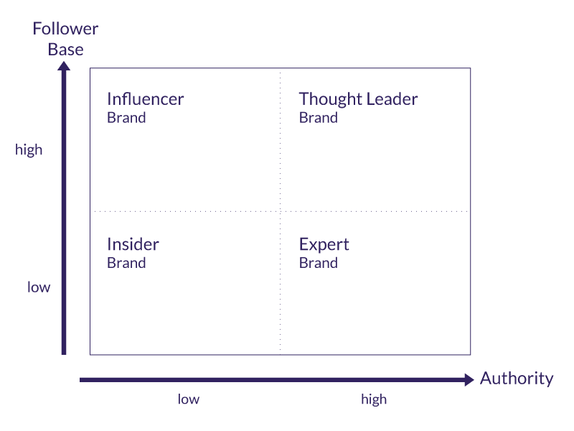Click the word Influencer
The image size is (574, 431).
pyautogui.click(x=145, y=99)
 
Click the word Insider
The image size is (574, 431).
pyautogui.click(x=133, y=244)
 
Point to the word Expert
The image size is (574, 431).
pyautogui.click(x=324, y=245)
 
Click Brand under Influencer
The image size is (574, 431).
pyautogui.click(x=126, y=118)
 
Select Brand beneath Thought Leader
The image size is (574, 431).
pyautogui.click(x=318, y=118)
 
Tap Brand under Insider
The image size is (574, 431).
pyautogui.click(x=126, y=263)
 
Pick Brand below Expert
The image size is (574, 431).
pyautogui.click(x=318, y=263)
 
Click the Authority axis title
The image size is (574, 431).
pyautogui.click(x=517, y=379)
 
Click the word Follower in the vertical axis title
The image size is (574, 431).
pyautogui.click(x=65, y=29)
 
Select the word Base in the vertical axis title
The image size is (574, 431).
pyautogui.click(x=65, y=50)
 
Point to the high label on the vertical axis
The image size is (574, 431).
pyautogui.click(x=29, y=150)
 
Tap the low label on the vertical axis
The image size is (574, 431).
pyautogui.click(x=39, y=287)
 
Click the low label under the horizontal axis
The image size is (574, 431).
pyautogui.click(x=189, y=399)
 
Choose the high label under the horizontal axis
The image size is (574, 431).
pyautogui.click(x=374, y=399)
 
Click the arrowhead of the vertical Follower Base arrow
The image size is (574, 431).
pyautogui.click(x=64, y=67)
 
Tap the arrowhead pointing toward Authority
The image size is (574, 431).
pyautogui.click(x=469, y=379)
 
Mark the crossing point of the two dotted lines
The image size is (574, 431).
pyautogui.click(x=280, y=211)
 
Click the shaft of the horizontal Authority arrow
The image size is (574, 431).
pyautogui.click(x=273, y=379)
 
